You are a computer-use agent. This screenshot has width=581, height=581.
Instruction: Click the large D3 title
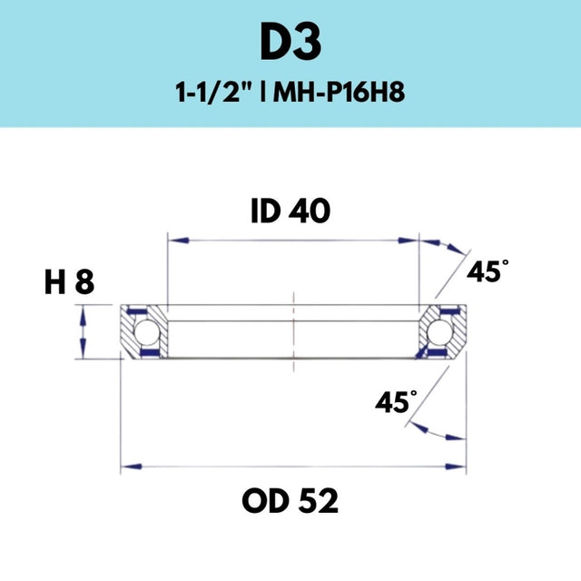pos(290,42)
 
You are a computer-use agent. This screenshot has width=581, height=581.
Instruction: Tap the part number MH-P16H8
pos(339,92)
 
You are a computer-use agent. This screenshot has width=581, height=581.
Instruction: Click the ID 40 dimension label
pos(290,211)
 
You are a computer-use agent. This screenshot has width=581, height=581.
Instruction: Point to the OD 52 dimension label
pos(290,500)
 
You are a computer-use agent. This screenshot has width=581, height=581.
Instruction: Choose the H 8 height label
pos(69,282)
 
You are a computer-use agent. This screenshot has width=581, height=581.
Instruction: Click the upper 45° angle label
pos(487,271)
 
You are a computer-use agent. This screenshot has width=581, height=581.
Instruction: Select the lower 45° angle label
pos(396,401)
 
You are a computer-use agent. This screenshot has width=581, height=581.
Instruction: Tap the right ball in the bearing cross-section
pos(439,331)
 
